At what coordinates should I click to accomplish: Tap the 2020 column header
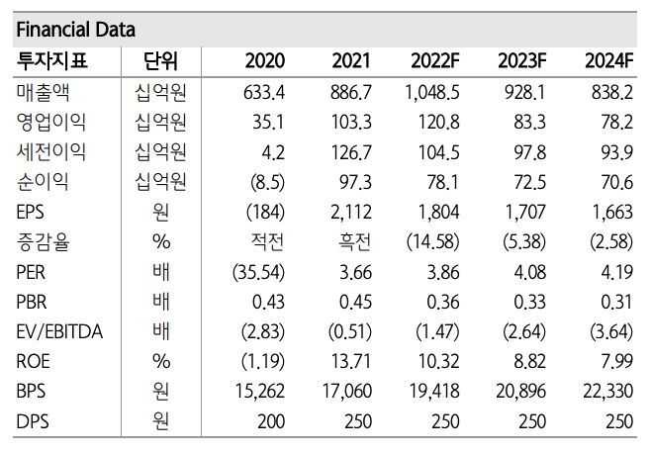[x=264, y=61]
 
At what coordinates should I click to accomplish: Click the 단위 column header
[x=160, y=61]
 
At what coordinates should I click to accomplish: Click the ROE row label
[x=34, y=362]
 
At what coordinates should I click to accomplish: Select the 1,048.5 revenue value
[x=432, y=93]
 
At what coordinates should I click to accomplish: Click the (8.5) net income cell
[x=264, y=182]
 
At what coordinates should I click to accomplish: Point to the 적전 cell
[x=269, y=242]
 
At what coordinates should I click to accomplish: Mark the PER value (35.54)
[x=258, y=272]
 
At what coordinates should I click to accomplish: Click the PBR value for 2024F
[x=613, y=302]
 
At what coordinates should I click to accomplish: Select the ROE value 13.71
[x=351, y=362]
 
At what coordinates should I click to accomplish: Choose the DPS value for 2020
[x=270, y=421]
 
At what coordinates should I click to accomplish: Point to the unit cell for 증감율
[x=160, y=242]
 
